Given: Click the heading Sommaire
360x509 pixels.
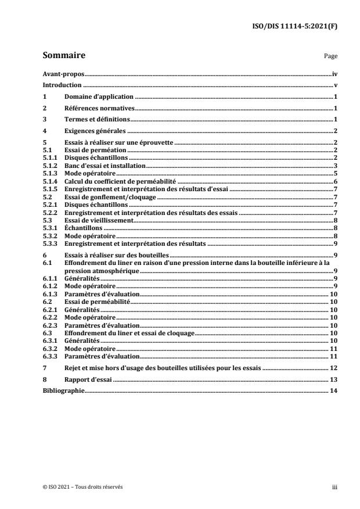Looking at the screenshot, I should [64, 56].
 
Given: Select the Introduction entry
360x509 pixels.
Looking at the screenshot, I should [62, 85].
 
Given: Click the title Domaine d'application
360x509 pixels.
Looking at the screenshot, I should [99, 96].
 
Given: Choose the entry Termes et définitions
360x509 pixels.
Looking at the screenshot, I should [97, 119].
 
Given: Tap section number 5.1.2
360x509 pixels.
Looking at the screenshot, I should [51, 166].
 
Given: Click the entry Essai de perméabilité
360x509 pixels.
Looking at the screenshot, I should [96, 303].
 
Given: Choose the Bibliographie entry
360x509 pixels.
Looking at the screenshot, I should [64, 390].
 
